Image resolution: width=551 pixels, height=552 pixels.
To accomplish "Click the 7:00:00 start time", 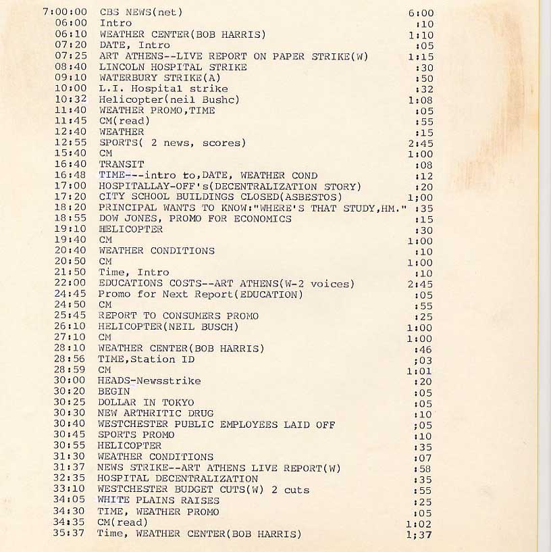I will pyautogui.click(x=65, y=12).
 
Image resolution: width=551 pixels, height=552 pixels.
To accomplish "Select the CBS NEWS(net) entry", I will pyautogui.click(x=140, y=12).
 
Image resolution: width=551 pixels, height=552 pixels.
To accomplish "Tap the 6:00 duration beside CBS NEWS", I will pyautogui.click(x=421, y=13).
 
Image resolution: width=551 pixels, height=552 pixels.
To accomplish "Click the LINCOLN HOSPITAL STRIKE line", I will pyautogui.click(x=173, y=67).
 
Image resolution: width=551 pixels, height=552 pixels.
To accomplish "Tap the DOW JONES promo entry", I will pyautogui.click(x=195, y=218).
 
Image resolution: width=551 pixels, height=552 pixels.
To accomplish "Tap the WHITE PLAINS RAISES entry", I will pyautogui.click(x=158, y=501).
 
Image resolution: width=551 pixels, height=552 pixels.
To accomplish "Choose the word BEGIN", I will pyautogui.click(x=113, y=392).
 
